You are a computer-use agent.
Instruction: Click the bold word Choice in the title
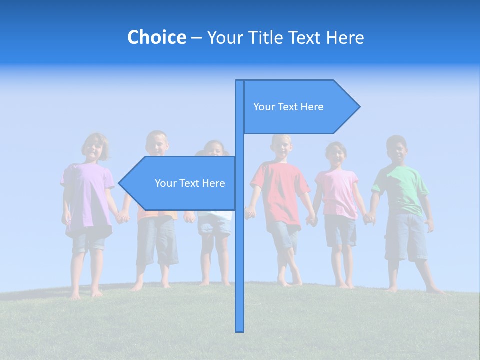pos(156,37)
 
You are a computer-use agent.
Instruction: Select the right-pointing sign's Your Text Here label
pos(288,107)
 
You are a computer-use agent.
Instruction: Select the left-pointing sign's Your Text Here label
pos(190,183)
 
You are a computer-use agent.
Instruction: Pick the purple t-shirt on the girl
pos(87,195)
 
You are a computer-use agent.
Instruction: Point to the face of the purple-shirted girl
pos(94,148)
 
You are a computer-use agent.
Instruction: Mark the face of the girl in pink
pos(336,156)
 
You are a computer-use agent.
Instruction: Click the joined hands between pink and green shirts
pos(369,218)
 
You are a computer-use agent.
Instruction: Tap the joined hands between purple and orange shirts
pos(121,217)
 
